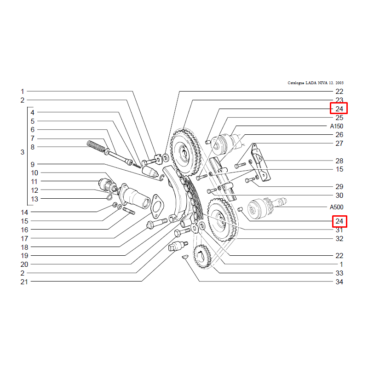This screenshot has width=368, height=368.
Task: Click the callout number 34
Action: click(x=339, y=282)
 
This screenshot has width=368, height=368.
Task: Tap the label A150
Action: click(x=337, y=126)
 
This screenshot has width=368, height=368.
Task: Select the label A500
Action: click(x=337, y=207)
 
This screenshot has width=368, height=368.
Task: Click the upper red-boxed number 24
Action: click(x=339, y=109)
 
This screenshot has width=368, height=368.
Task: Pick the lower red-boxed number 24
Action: click(x=339, y=221)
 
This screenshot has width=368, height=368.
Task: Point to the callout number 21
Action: click(x=24, y=282)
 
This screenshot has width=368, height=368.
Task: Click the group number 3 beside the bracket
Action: click(x=22, y=152)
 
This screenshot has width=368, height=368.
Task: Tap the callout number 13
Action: click(x=34, y=199)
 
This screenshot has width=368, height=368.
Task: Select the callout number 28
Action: click(x=339, y=161)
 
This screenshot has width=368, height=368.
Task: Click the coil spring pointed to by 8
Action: click(x=96, y=146)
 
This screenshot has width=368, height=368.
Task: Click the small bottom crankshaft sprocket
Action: click(x=202, y=257)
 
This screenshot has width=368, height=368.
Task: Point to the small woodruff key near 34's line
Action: click(x=185, y=257)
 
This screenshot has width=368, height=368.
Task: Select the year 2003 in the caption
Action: click(x=339, y=83)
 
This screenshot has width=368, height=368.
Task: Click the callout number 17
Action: click(x=24, y=238)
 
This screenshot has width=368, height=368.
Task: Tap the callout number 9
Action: click(x=33, y=164)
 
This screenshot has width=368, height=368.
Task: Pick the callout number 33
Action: click(x=339, y=273)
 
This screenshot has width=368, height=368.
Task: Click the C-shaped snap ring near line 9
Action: click(x=162, y=178)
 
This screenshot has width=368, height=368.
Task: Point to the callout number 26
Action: click(x=339, y=135)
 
